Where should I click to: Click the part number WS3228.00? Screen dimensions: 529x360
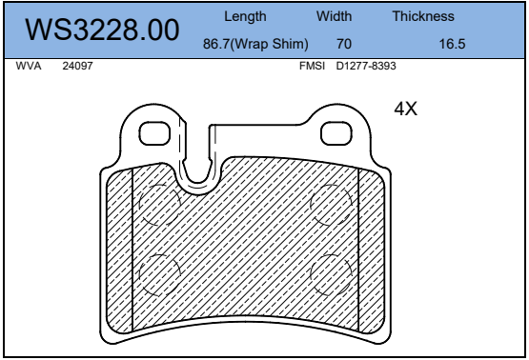[x=102, y=30]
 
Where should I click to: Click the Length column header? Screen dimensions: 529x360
[x=245, y=16]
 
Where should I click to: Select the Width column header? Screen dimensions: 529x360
[x=334, y=16]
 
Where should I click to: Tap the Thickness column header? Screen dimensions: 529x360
[x=423, y=16]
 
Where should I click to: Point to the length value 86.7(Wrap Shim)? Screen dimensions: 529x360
[x=255, y=44]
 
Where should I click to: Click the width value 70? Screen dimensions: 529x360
[x=344, y=44]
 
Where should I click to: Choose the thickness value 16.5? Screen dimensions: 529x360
[x=452, y=44]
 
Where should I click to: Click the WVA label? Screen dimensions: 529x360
[x=29, y=66]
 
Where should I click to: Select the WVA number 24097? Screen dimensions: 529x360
[x=77, y=66]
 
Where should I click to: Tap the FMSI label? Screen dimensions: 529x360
[x=312, y=66]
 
